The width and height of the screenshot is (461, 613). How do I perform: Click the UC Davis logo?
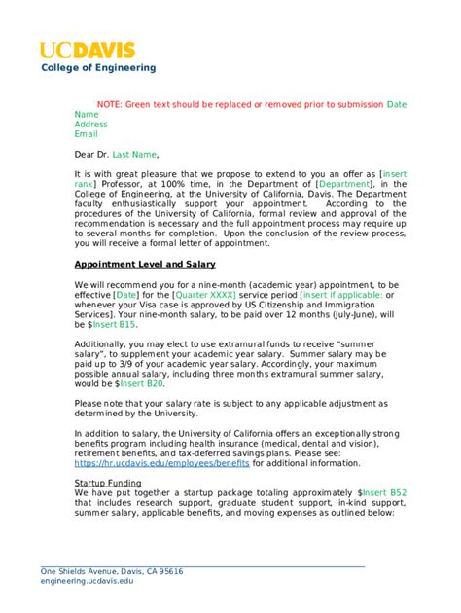(x=87, y=50)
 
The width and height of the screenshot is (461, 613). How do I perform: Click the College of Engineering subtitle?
(x=97, y=68)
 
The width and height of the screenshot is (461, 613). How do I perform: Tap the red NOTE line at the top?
(x=239, y=103)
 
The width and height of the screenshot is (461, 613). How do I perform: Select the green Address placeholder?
(x=90, y=125)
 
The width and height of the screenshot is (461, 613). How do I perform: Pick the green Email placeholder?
(x=86, y=134)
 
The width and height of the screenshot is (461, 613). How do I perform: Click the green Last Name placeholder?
(x=133, y=154)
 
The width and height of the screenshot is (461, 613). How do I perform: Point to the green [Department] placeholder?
(x=344, y=183)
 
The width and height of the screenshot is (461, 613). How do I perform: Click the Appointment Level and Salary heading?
(x=145, y=264)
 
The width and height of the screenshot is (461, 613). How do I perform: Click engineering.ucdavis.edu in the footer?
(x=88, y=581)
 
